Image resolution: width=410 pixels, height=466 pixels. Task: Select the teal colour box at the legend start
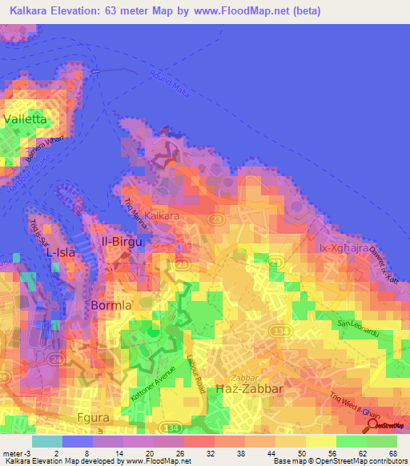point(46,441)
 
